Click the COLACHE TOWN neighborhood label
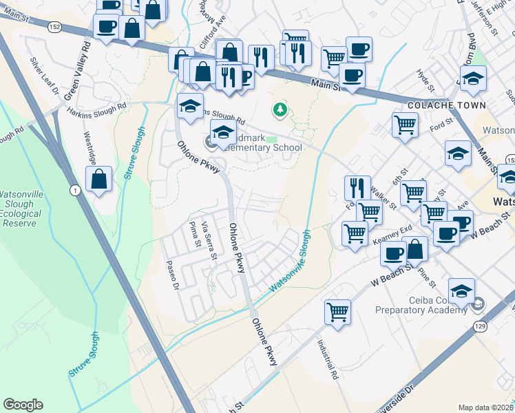pos(447,105)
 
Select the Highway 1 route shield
pos(74,189)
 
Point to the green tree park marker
pos(280,109)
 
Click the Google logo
pos(23,404)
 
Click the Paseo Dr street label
pos(172,276)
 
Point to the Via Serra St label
pos(209,240)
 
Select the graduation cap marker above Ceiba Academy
pos(461,290)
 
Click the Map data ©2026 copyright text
pos(485,407)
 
